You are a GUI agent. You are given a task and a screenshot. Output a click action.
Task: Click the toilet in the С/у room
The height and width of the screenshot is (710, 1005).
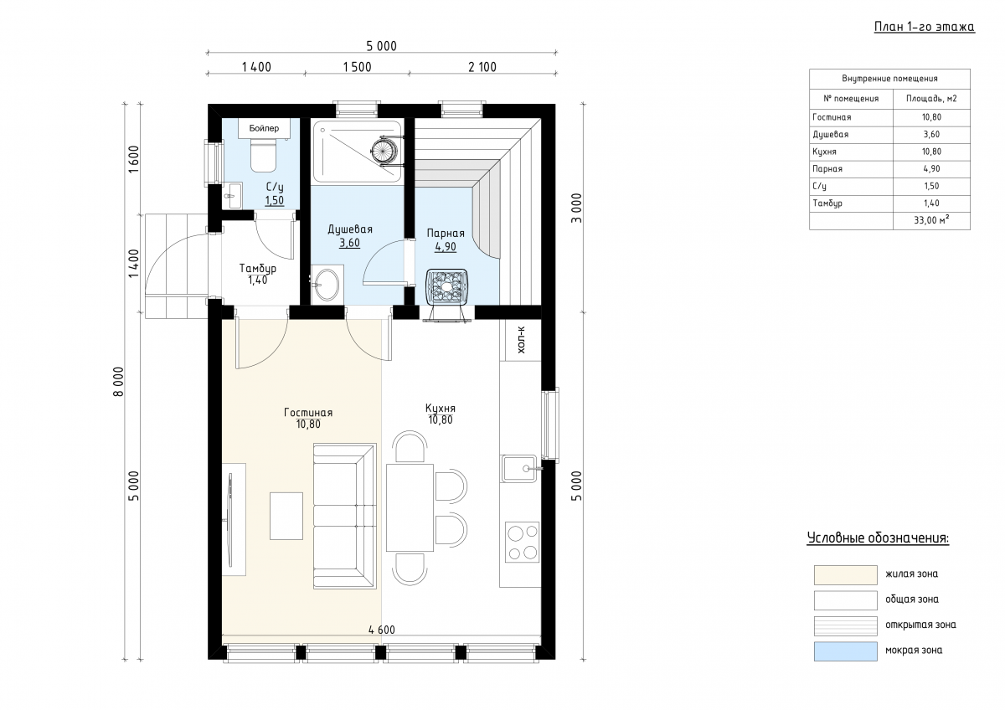[x=263, y=155]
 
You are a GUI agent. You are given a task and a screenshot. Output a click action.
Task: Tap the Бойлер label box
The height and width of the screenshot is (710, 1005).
[x=264, y=128]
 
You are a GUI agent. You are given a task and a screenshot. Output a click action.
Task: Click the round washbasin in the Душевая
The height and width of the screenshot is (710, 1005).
[x=327, y=285]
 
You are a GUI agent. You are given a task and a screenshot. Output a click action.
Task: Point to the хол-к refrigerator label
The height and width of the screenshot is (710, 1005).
[x=521, y=339]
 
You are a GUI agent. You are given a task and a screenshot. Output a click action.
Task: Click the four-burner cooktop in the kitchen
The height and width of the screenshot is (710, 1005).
[x=523, y=542]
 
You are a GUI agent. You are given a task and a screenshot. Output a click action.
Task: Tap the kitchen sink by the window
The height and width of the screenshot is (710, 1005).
[x=519, y=468]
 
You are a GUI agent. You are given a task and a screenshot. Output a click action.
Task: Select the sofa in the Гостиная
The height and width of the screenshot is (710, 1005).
[x=344, y=516]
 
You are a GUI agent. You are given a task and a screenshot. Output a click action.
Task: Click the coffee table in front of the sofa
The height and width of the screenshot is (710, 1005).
[x=286, y=516]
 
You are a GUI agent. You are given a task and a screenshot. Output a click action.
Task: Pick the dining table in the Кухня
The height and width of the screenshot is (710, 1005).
[x=410, y=507]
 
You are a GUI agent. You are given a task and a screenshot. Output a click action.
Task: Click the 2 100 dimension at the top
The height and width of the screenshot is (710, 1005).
[x=482, y=67]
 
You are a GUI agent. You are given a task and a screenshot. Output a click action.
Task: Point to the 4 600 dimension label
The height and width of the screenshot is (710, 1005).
[x=382, y=630]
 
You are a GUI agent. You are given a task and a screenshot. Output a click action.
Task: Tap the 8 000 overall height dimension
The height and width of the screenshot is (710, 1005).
[x=118, y=382]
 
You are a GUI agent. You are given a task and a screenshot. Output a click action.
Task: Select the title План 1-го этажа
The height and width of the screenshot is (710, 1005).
[x=925, y=27]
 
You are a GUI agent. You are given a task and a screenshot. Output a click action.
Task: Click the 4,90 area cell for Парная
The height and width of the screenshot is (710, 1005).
[x=931, y=169]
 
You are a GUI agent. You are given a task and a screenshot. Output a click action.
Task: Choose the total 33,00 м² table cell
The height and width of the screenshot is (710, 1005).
[x=931, y=220]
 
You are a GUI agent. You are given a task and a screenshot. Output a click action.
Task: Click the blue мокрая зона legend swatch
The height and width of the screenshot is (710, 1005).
[x=846, y=651]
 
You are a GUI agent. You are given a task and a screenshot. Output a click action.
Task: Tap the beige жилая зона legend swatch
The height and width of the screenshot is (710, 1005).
[x=846, y=575]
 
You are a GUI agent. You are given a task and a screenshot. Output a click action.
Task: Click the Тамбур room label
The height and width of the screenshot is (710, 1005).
[x=258, y=268]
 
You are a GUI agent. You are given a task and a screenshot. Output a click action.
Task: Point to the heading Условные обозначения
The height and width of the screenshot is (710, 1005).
[x=878, y=538]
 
